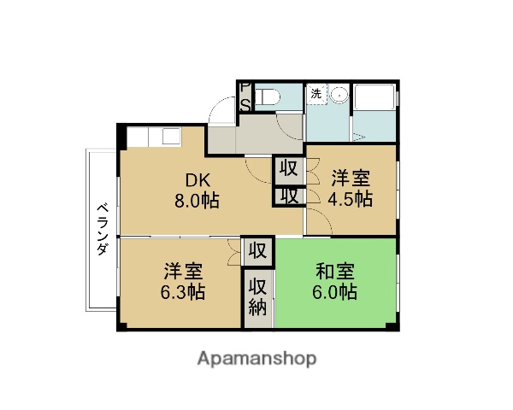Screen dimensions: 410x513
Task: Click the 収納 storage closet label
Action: click(x=257, y=297)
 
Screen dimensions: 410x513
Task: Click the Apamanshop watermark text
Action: click(x=257, y=358)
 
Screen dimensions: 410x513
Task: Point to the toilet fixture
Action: click(x=268, y=97)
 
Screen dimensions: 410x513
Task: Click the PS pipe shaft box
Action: click(x=244, y=97)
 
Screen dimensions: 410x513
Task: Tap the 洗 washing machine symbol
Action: click(x=315, y=92)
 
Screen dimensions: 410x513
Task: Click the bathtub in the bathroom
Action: click(x=374, y=112)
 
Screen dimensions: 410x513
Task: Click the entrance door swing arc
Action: click(x=221, y=110)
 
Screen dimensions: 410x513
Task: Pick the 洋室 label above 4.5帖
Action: click(x=351, y=179)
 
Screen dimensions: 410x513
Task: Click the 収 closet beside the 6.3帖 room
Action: click(x=257, y=252)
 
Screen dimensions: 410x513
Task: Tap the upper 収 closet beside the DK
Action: click(x=289, y=168)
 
